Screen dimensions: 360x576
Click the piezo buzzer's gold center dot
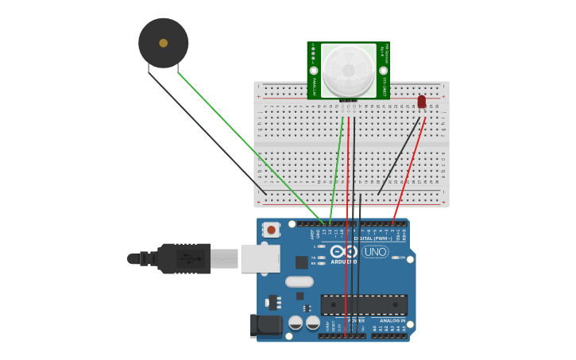[x=163, y=43]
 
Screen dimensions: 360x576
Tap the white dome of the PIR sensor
[x=349, y=71]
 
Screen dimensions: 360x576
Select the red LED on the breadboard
[x=421, y=102]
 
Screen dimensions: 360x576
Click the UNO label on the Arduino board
[x=375, y=252]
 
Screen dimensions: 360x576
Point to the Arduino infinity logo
[x=345, y=252]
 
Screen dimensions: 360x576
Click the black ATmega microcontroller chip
[x=364, y=304]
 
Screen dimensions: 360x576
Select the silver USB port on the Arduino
[x=261, y=258]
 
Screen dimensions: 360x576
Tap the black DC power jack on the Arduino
[x=265, y=326]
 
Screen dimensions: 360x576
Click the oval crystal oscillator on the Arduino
[x=300, y=281]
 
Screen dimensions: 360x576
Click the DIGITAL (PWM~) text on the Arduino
[x=368, y=238]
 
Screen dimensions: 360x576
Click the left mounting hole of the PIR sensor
[x=314, y=71]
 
